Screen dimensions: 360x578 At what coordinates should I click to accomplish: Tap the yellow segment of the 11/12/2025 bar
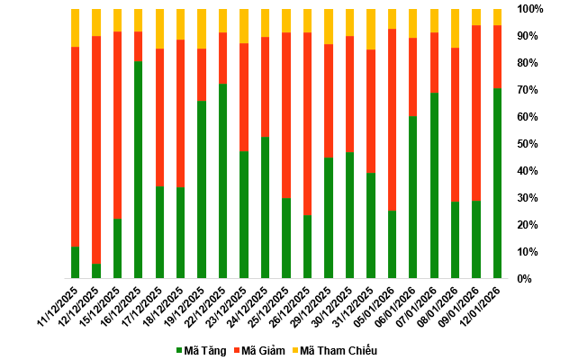[x=76, y=27]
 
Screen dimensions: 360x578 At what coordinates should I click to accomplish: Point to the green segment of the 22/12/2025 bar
[x=223, y=180]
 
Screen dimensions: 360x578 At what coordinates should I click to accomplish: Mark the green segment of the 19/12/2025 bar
[x=202, y=189]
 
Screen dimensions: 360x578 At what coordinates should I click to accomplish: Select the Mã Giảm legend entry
[x=264, y=350]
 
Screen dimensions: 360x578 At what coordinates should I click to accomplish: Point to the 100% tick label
[x=529, y=9]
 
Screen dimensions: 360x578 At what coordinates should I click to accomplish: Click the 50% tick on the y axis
[x=532, y=144]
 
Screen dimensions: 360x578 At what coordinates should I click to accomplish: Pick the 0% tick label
[x=535, y=279]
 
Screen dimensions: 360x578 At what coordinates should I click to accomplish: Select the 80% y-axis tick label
[x=532, y=63]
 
